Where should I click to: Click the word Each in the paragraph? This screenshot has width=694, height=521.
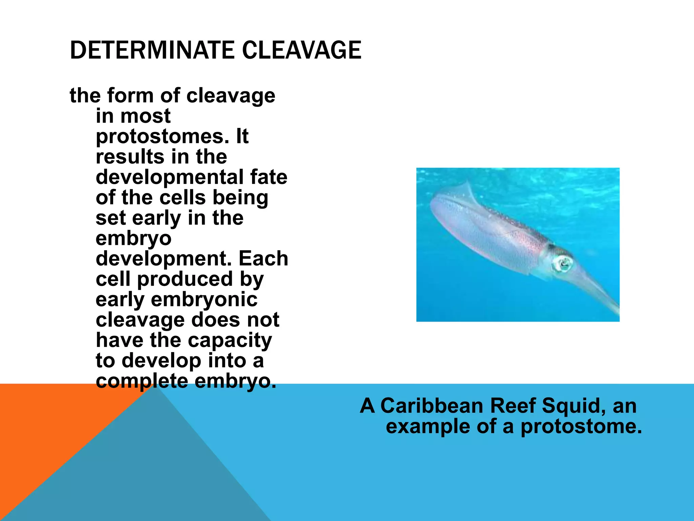[x=263, y=259]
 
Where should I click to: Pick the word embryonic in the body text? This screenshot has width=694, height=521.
[x=204, y=300]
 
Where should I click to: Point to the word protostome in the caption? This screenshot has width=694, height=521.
[x=581, y=427]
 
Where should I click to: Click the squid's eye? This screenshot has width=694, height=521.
[x=563, y=263]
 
